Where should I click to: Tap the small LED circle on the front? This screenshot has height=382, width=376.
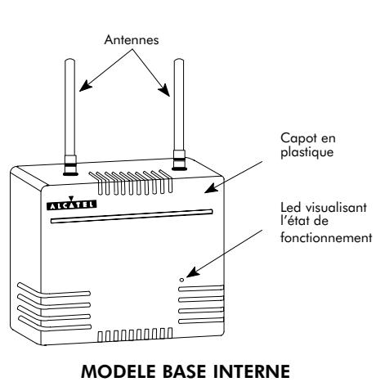(x=181, y=280)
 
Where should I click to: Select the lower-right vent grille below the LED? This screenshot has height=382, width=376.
(x=199, y=304)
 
